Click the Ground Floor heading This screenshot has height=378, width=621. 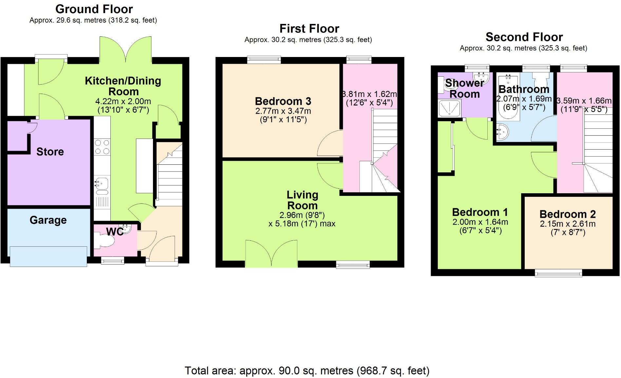(94, 9)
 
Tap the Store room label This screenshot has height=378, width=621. (50, 152)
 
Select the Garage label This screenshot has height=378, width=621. (48, 220)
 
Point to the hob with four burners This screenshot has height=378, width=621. (102, 147)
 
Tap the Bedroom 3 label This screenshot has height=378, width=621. (283, 101)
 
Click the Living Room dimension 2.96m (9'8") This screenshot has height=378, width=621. (302, 215)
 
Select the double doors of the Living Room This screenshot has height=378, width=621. (272, 254)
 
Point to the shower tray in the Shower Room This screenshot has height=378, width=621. (450, 108)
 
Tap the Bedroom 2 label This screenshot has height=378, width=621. (567, 214)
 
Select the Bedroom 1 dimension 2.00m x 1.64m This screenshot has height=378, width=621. (480, 222)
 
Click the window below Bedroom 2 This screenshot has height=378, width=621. (558, 273)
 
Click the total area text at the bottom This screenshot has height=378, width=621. (307, 371)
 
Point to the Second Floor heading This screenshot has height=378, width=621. (524, 37)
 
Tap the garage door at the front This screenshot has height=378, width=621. (48, 256)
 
